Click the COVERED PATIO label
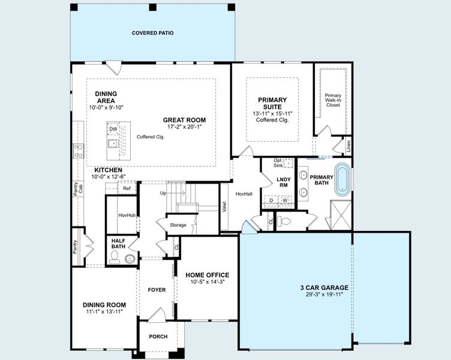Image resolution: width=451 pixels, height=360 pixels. (x=153, y=33)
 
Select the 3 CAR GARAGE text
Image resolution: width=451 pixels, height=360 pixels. (x=324, y=287)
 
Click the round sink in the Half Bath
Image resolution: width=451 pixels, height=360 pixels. (x=130, y=259)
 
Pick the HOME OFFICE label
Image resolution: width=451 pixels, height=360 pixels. (x=207, y=275)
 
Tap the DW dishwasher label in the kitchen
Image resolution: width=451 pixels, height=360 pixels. (x=113, y=129)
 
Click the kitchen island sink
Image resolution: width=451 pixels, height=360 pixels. (x=113, y=144)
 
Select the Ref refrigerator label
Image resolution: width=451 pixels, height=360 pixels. (x=127, y=188)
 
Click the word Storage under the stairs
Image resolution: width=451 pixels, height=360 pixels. (x=178, y=225)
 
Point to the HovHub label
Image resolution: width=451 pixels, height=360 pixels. (x=127, y=215)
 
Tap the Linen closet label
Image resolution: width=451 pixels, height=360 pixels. (x=348, y=146)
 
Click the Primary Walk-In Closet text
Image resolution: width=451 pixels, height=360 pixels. (x=333, y=100)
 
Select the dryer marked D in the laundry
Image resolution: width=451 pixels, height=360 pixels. (x=270, y=200)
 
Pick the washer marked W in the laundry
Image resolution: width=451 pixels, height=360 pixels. (x=285, y=200)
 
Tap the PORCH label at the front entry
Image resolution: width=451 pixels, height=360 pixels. (x=158, y=336)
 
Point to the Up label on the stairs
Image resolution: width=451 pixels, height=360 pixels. (x=163, y=193)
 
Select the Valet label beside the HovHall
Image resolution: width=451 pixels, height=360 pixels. (x=225, y=206)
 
